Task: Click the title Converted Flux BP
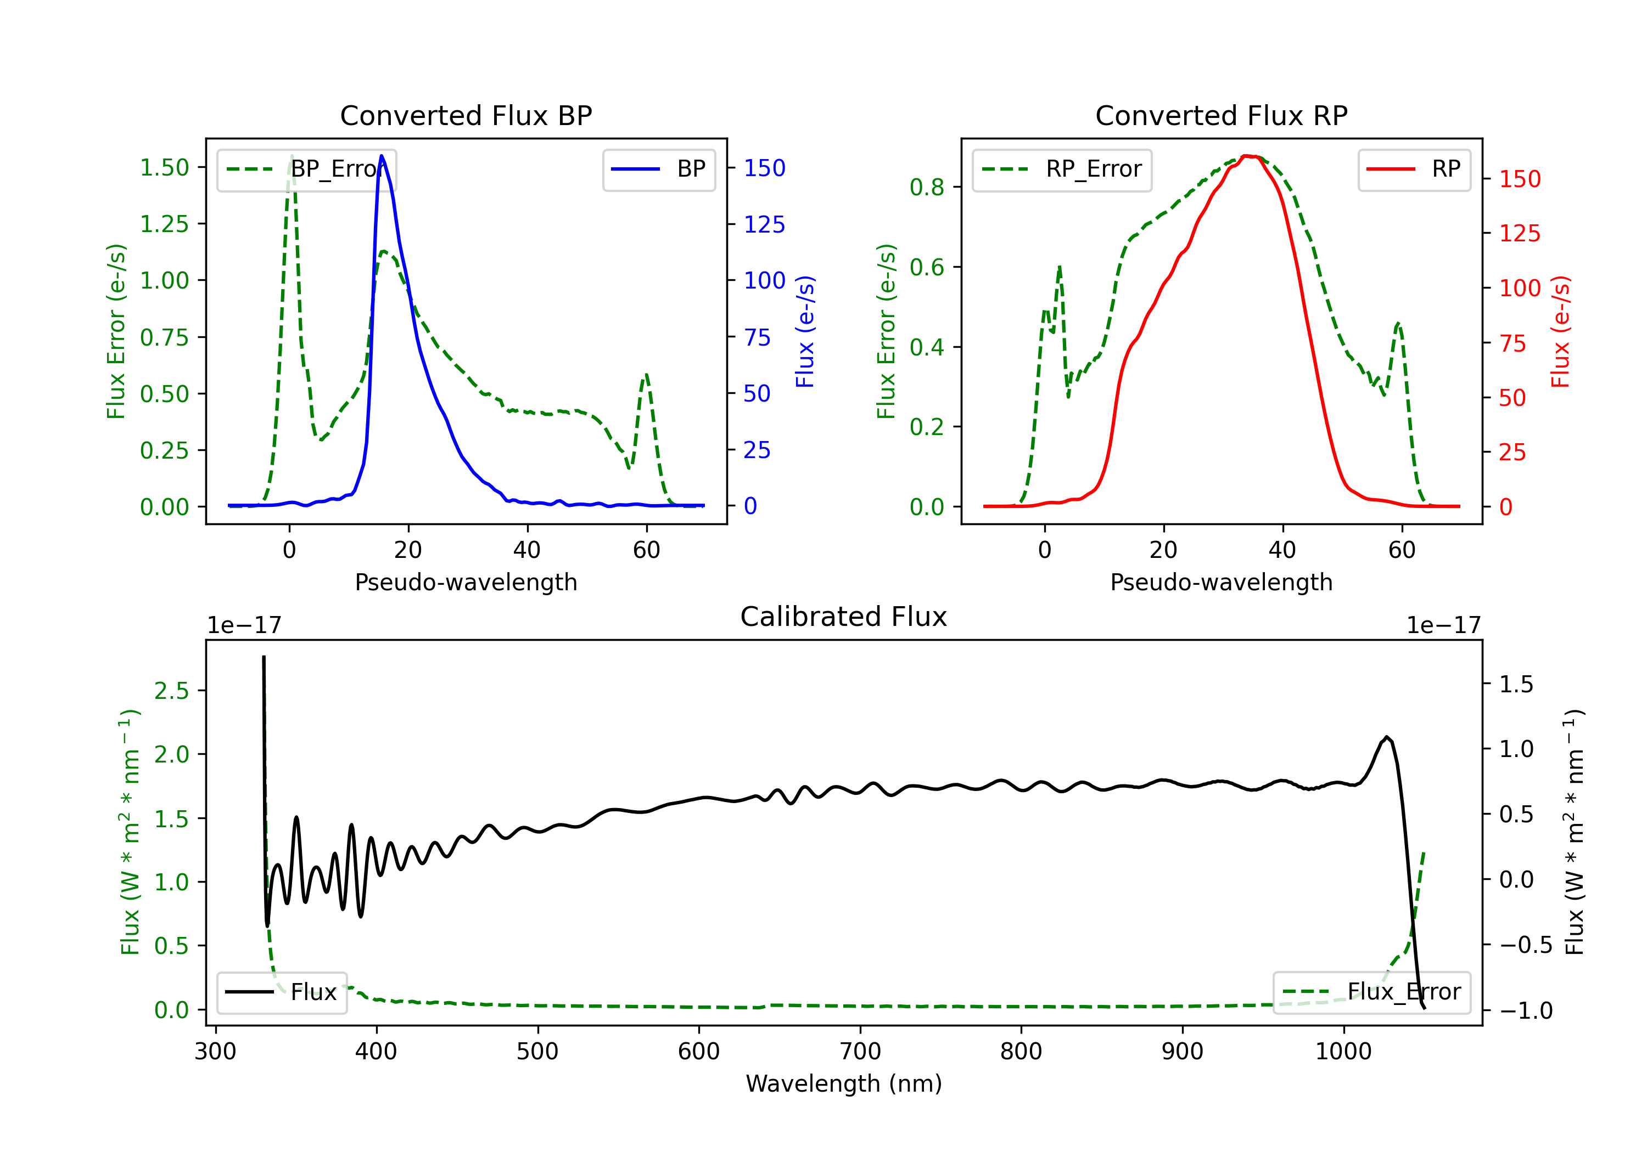466,115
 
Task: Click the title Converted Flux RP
1221,115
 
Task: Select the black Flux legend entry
282,992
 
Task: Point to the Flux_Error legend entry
1371,992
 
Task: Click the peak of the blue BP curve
382,156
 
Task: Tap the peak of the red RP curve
1247,156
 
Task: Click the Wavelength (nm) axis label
844,1083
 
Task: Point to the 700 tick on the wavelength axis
860,1052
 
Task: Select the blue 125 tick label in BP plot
764,225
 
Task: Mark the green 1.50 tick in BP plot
164,168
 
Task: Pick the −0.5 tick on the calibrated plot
1525,945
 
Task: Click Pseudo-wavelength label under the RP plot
1221,582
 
